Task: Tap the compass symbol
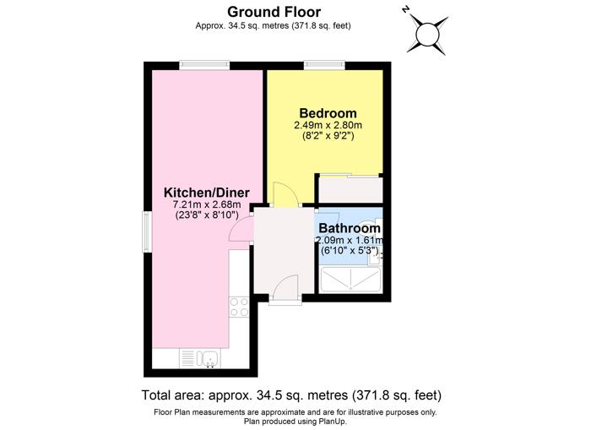point(428,34)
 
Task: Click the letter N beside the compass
point(405,10)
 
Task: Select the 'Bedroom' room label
point(328,113)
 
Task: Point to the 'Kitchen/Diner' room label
point(207,192)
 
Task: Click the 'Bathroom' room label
point(349,228)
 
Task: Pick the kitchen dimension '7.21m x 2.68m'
point(207,204)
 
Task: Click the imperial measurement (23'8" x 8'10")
point(207,215)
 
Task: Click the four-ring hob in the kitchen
point(240,306)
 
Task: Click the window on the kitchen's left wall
point(147,231)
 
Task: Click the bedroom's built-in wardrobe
point(350,189)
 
